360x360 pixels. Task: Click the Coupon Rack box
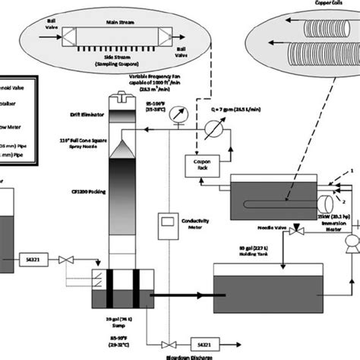(201, 166)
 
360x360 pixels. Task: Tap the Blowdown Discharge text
(170, 353)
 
